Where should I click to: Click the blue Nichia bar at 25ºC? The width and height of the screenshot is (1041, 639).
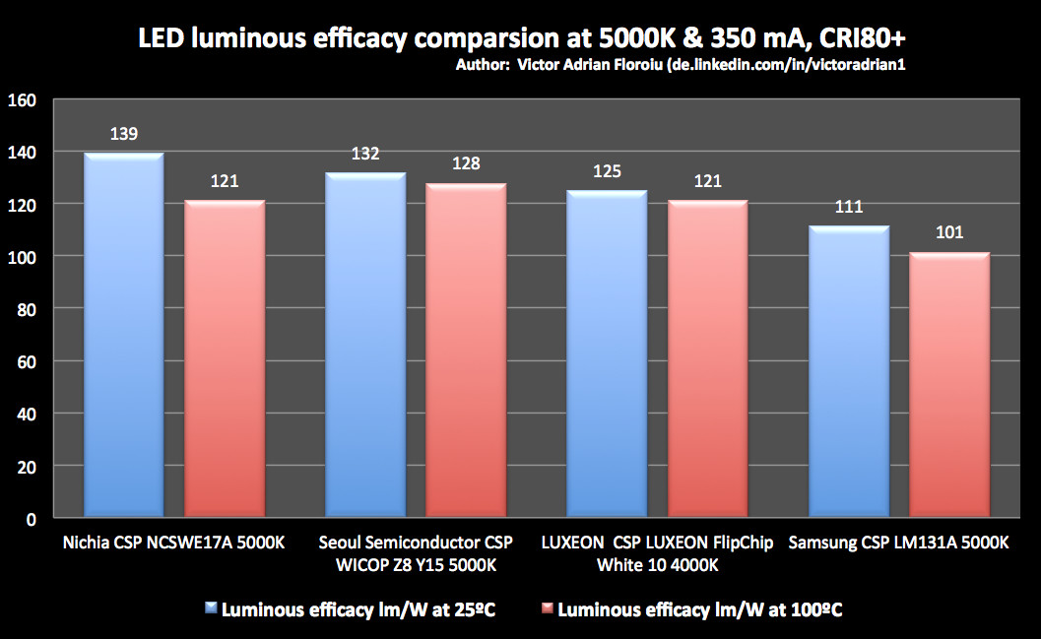(123, 335)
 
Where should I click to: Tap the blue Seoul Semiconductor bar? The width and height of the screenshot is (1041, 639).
(365, 345)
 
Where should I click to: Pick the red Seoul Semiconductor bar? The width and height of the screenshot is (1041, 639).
(466, 350)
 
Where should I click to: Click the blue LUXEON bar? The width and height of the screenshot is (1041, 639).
(607, 353)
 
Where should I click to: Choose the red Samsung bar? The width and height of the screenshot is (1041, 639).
(948, 384)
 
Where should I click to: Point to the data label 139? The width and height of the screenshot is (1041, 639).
(123, 134)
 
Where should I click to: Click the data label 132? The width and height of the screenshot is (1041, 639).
(365, 154)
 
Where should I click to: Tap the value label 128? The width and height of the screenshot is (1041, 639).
(466, 163)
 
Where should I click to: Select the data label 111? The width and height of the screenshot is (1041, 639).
(848, 207)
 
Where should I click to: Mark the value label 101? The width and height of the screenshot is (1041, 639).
(948, 233)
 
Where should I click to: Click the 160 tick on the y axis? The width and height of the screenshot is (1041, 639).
(22, 99)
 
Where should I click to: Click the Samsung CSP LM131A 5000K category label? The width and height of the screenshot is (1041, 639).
(898, 543)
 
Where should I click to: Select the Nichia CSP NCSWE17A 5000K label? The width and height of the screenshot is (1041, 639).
(173, 543)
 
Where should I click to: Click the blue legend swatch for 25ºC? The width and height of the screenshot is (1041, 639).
(211, 610)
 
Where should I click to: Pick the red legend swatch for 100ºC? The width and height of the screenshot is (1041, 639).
(546, 610)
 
